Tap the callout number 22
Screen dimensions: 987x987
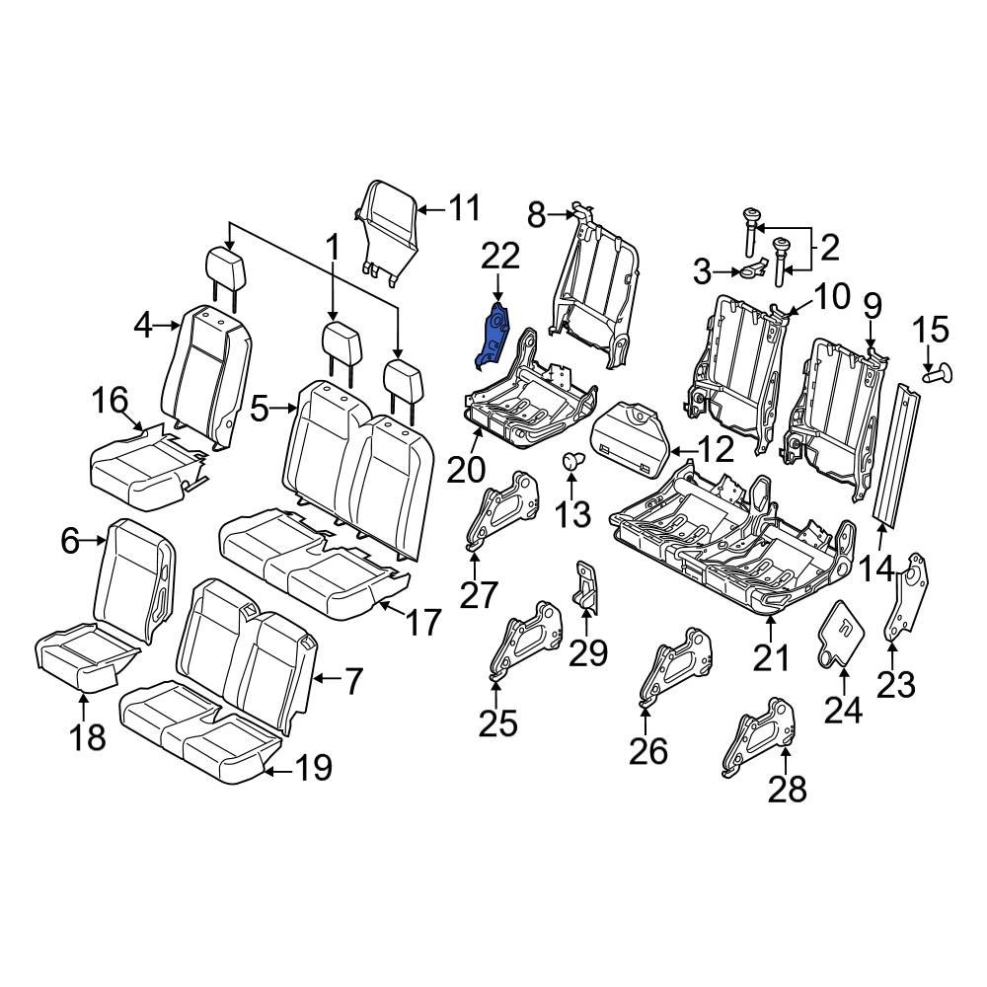pos(499,258)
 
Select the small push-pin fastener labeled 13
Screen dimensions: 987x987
pos(570,459)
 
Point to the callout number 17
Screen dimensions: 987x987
pos(422,623)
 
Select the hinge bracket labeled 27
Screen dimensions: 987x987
pos(505,509)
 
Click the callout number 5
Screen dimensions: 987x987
pos(261,408)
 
